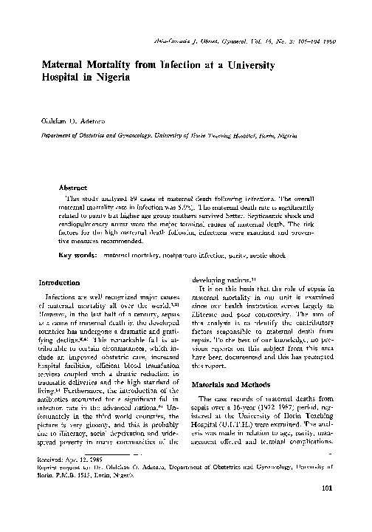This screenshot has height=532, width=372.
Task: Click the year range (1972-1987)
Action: pyautogui.click(x=279, y=408)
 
